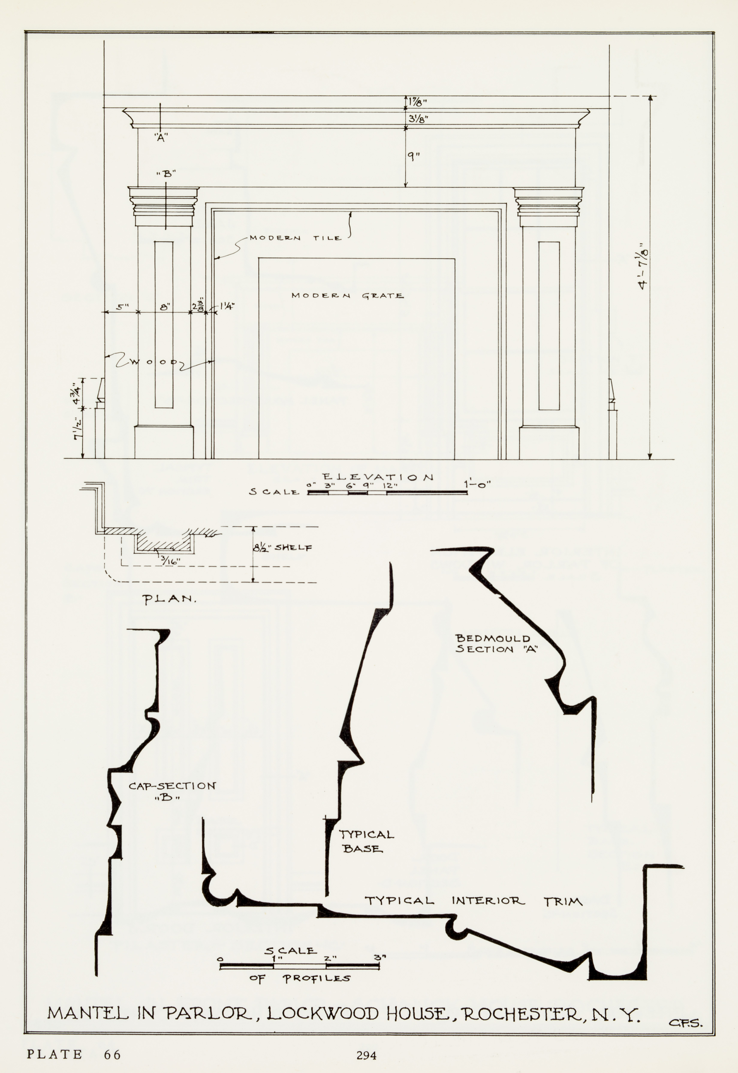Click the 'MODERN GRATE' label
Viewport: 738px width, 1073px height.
click(347, 296)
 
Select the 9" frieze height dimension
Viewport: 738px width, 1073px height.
click(413, 157)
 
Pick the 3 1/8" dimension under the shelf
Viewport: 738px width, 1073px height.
click(418, 118)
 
